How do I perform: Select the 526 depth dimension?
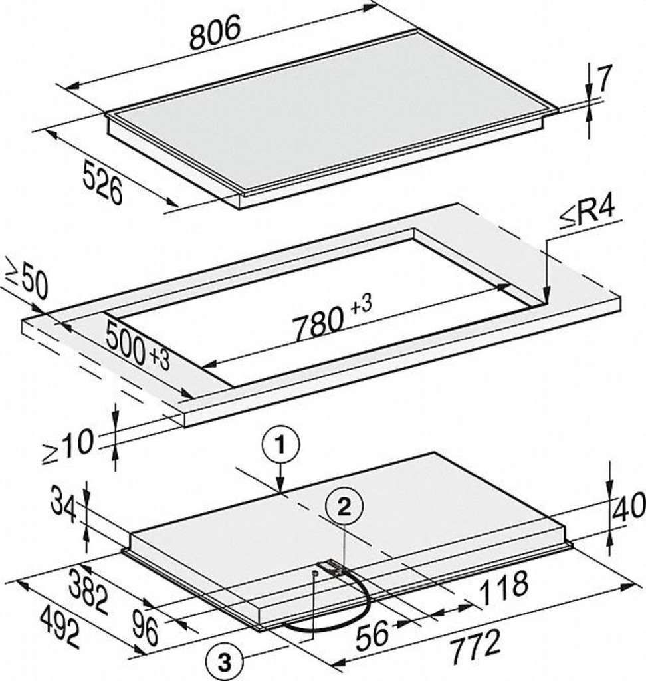pyautogui.click(x=103, y=182)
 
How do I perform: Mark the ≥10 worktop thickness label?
pyautogui.click(x=68, y=446)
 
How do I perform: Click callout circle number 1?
pyautogui.click(x=280, y=446)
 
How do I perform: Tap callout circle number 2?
pyautogui.click(x=344, y=507)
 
